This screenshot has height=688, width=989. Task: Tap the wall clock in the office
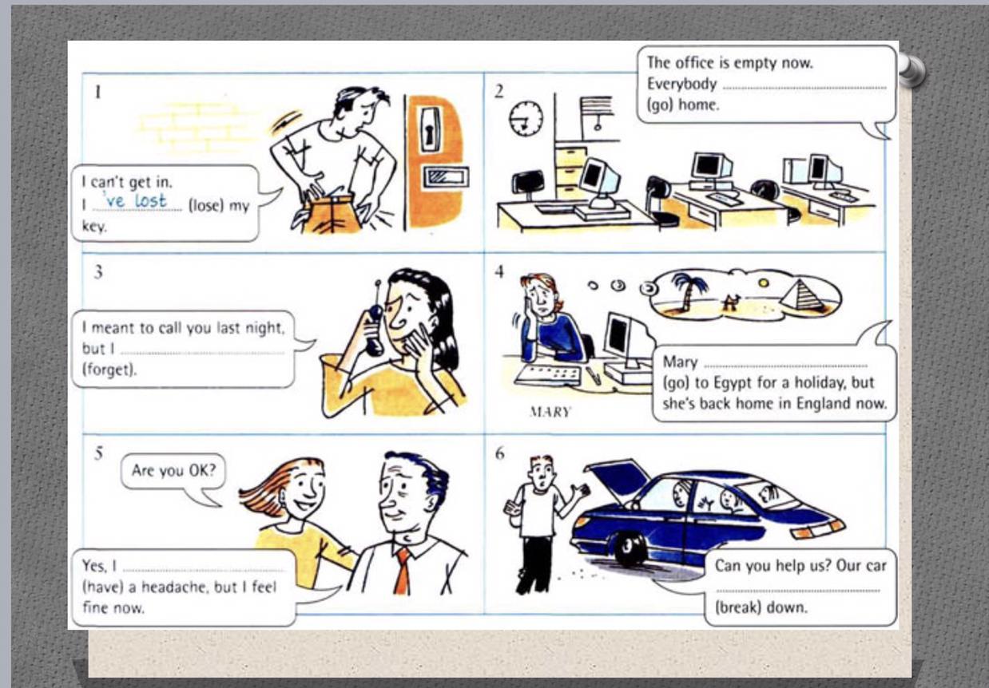tap(526, 119)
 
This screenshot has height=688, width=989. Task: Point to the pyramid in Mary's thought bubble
tap(802, 295)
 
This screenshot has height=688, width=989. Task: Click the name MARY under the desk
tap(550, 412)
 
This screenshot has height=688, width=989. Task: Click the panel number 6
tap(499, 453)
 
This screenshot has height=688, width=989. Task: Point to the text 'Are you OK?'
tap(173, 471)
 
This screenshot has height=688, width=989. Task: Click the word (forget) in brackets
tap(109, 369)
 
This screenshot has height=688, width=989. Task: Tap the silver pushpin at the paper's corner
tap(911, 70)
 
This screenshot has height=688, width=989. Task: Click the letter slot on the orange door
tap(446, 177)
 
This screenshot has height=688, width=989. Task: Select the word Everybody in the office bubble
tap(681, 84)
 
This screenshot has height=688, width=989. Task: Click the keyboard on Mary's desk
tap(547, 376)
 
